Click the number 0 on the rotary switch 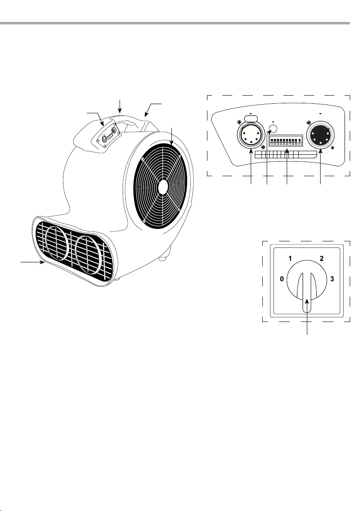(282, 279)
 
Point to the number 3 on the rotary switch (332, 279)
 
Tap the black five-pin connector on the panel (321, 135)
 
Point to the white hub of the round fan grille (162, 186)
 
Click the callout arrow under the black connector (321, 171)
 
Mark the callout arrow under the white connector (250, 171)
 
